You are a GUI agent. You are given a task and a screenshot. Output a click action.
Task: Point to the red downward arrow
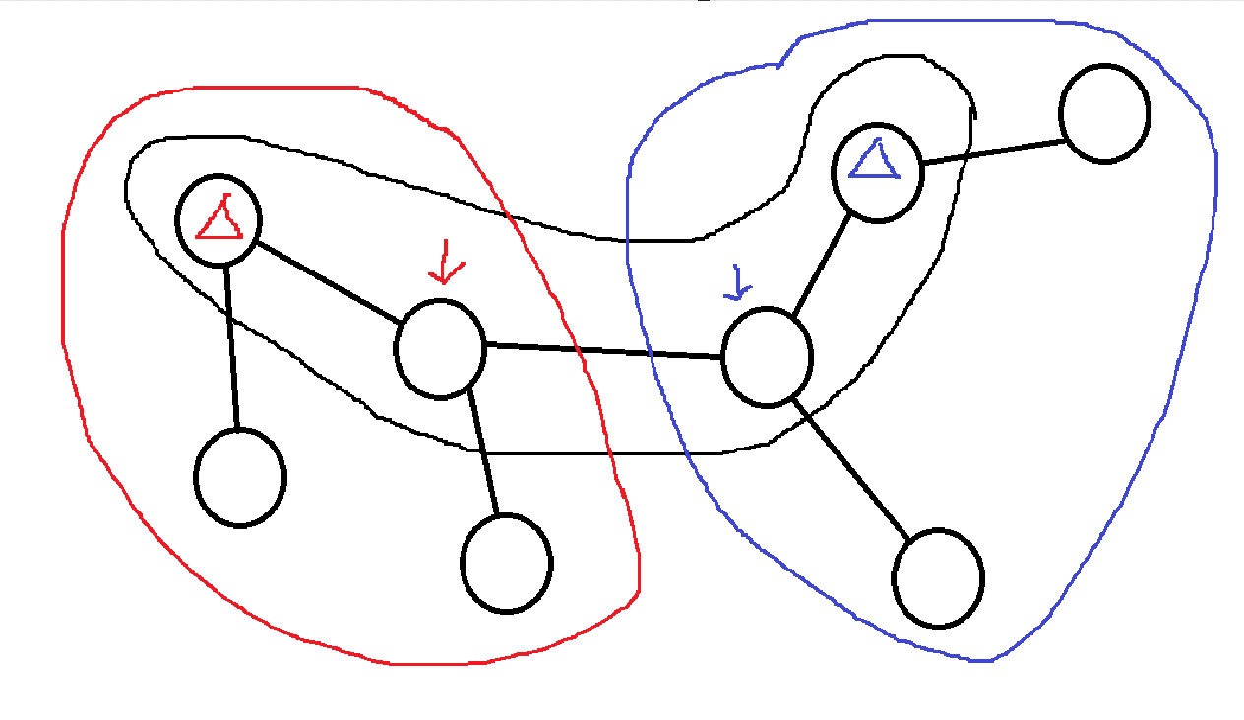point(444,264)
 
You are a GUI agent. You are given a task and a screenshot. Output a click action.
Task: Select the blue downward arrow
point(736,282)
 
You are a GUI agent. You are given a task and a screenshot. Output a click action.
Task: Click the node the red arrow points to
point(440,349)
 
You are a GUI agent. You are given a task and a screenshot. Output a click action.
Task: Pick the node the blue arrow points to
point(767,356)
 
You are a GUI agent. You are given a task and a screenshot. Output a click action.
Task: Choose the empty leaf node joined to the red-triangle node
point(240,477)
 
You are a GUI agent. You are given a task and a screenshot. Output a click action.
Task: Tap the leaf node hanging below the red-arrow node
point(507,563)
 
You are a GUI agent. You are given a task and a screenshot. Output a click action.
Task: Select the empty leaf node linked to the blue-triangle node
point(1104,114)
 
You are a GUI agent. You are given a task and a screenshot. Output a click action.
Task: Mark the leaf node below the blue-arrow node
point(938,578)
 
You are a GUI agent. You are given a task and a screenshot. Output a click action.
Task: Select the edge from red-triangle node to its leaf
point(231,347)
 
